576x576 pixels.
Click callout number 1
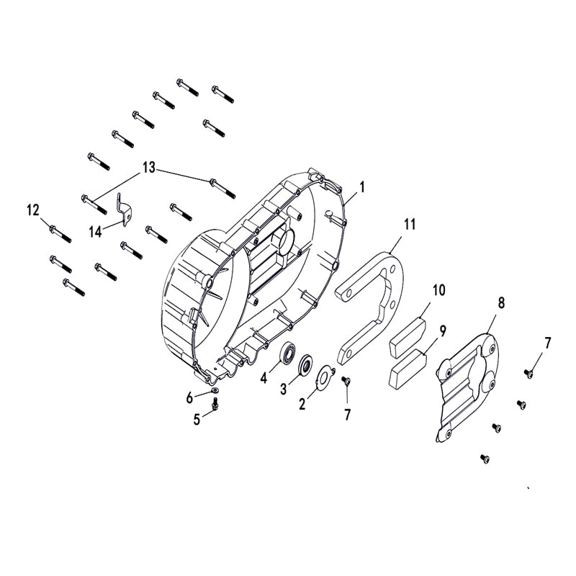362,186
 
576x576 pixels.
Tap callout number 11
410,224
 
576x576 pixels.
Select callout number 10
438,290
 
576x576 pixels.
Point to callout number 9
442,331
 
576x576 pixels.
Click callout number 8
501,302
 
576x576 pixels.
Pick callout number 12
33,210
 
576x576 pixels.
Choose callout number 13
148,168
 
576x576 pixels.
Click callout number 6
190,397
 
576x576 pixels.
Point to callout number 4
264,377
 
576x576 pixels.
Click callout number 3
284,389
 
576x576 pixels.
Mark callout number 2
302,404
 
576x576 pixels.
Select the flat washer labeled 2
326,372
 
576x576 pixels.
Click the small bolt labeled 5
215,408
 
